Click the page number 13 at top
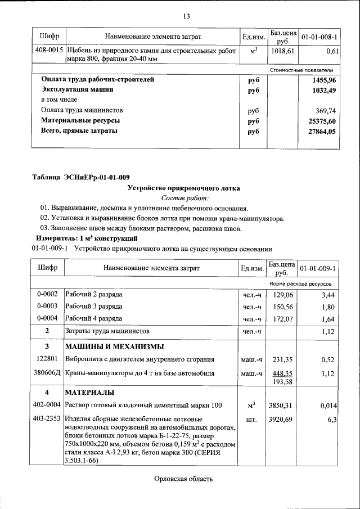click(x=186, y=15)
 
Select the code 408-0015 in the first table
click(x=49, y=51)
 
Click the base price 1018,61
click(x=282, y=51)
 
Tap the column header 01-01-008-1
click(x=319, y=37)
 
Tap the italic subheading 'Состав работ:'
click(x=184, y=198)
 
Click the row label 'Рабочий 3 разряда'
click(x=94, y=307)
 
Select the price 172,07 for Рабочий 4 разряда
click(x=282, y=319)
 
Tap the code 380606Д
click(x=48, y=373)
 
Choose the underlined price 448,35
click(x=282, y=373)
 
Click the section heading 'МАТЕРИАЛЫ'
click(x=90, y=391)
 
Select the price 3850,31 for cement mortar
click(x=282, y=405)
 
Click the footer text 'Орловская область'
click(x=183, y=479)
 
